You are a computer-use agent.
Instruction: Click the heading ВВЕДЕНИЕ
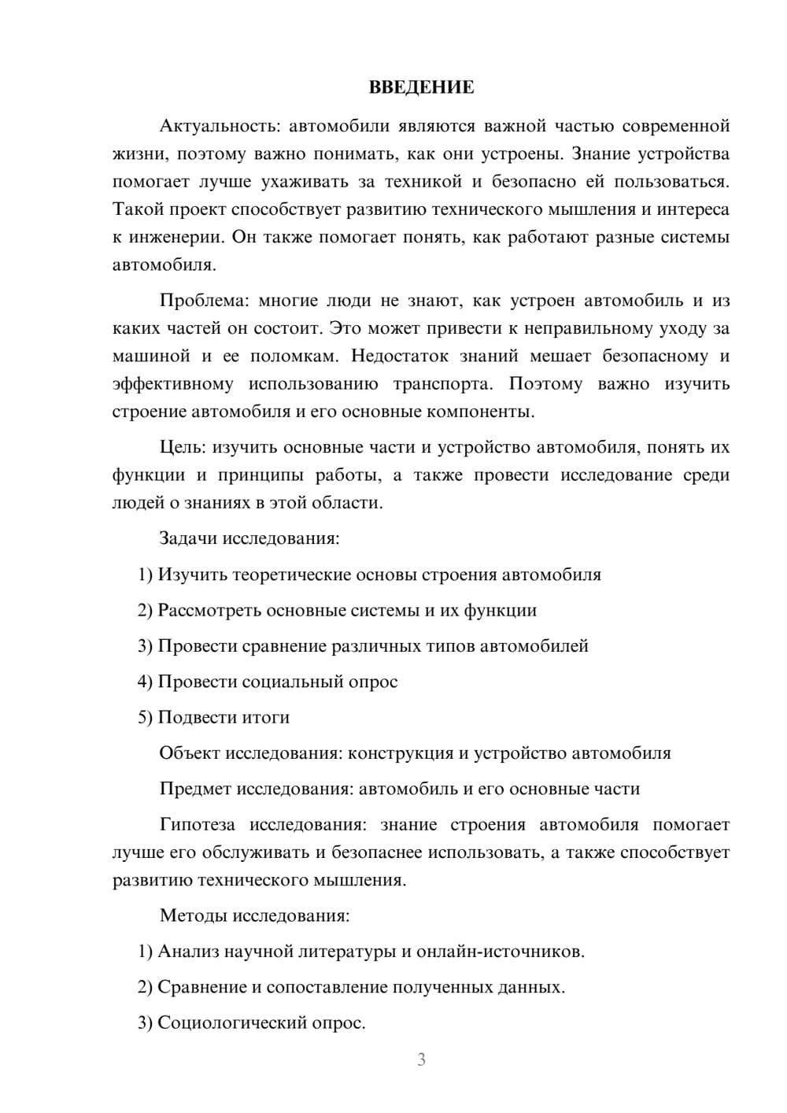point(421,87)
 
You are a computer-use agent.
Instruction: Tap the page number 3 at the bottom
point(421,1059)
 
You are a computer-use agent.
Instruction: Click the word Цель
point(180,448)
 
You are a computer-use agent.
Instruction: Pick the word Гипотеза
point(197,825)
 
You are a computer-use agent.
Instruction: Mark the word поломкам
point(294,356)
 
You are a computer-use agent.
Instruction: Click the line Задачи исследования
point(249,538)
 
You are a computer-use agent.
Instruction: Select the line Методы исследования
point(254,915)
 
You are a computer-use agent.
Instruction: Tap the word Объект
point(190,753)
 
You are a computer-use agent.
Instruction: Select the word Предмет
point(195,789)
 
